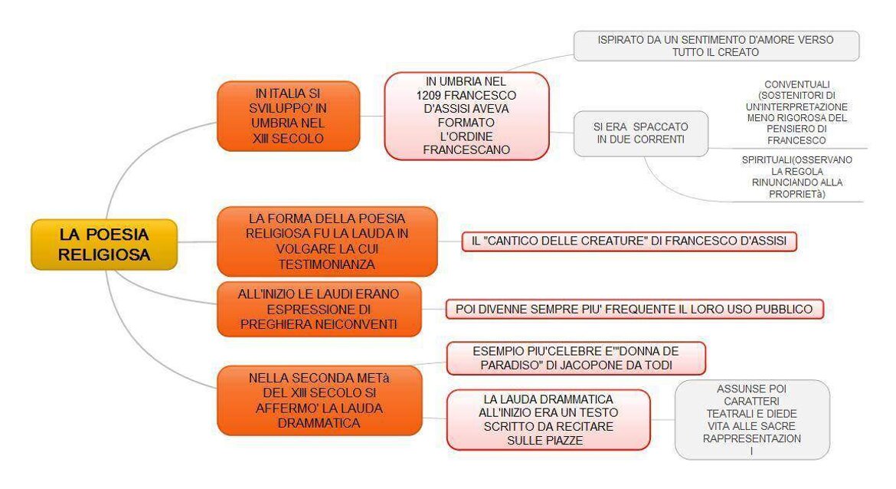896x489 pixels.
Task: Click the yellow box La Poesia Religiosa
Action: [104, 244]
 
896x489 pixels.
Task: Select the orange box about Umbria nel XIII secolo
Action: [289, 116]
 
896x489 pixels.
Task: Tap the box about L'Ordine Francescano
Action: [466, 116]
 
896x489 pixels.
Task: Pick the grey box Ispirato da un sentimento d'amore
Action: [716, 46]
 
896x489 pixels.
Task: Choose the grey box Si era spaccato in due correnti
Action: [640, 133]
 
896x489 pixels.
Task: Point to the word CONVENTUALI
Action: [796, 84]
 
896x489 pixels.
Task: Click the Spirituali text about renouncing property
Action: [796, 177]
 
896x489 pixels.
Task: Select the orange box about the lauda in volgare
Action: [327, 241]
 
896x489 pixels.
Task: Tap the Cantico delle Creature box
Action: [629, 241]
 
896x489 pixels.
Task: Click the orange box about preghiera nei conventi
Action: [319, 309]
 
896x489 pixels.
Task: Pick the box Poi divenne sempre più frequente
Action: [634, 309]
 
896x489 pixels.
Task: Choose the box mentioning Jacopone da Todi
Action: [576, 358]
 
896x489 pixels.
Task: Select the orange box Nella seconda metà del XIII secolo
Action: [319, 400]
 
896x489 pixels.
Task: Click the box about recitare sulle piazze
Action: [548, 420]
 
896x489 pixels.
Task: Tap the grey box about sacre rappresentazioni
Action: [752, 420]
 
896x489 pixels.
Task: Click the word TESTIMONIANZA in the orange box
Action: [327, 264]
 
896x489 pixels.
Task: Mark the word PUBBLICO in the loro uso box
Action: [784, 310]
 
